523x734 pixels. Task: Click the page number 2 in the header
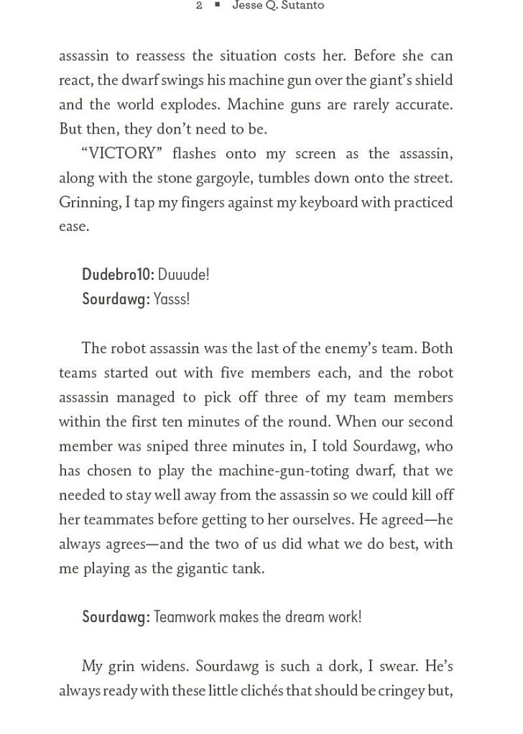click(x=199, y=6)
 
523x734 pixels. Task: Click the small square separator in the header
click(x=218, y=6)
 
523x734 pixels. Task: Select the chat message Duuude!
click(x=184, y=275)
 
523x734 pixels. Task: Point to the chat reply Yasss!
click(x=171, y=299)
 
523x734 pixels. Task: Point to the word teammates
click(x=117, y=519)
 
